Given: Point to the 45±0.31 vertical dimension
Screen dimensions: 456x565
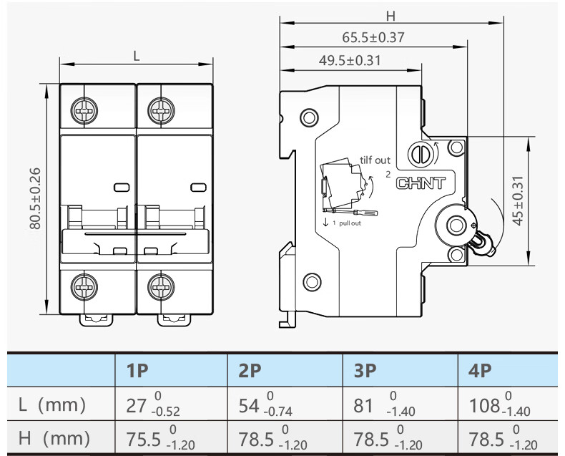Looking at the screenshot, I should coord(519,200).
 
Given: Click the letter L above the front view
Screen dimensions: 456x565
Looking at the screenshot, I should coord(136,55).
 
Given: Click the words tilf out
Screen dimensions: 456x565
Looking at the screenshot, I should coord(375,160).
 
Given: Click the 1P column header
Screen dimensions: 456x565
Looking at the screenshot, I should coord(137,371).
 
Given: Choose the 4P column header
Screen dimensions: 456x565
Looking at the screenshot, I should coord(480,371).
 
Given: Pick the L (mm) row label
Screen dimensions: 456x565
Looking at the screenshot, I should coord(52,405).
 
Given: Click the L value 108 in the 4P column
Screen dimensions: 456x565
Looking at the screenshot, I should coord(484,406).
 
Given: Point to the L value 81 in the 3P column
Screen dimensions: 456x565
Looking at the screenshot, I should coord(364,406).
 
